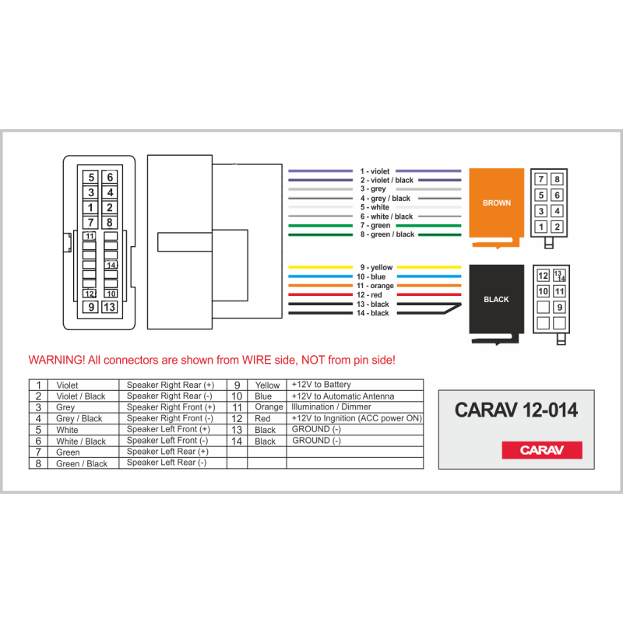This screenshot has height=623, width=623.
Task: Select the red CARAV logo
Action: point(542,450)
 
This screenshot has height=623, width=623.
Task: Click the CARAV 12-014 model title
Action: point(516,410)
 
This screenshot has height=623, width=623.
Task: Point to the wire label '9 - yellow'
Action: point(376,267)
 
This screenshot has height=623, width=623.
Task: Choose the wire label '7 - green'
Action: point(375,225)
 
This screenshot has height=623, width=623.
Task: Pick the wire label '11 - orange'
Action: point(375,286)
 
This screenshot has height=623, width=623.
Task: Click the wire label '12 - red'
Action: point(369,295)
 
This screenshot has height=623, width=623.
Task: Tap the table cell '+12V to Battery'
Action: point(322,385)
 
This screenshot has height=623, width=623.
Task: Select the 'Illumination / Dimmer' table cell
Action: point(332,407)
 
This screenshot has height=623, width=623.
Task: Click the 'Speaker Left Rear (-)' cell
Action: point(167,463)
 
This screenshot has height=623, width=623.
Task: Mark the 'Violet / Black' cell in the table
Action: point(81,396)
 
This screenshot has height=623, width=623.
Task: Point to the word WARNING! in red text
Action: point(56,360)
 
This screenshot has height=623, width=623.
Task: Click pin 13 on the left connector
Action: point(109,307)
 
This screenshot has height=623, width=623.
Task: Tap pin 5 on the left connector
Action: point(91,178)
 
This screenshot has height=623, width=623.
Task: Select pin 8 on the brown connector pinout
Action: point(557,179)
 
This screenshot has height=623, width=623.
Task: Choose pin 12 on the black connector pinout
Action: point(543,276)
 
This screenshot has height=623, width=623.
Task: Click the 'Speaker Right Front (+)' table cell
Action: point(171,407)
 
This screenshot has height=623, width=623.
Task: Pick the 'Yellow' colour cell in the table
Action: point(267,385)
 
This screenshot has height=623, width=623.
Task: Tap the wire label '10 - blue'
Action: point(371,276)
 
